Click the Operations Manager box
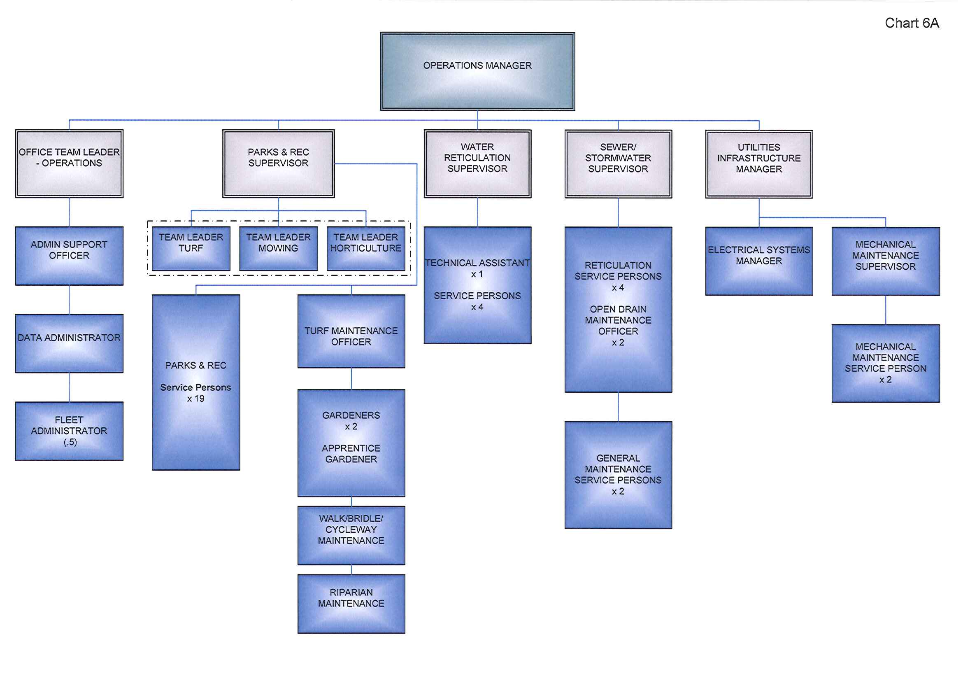coord(477,71)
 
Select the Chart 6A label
coord(912,23)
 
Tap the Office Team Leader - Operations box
coord(69,163)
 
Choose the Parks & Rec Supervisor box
coord(278,163)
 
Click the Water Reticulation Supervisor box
coord(477,163)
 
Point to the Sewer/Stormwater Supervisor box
coord(618,163)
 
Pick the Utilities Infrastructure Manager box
coord(759,163)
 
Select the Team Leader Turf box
coord(191,248)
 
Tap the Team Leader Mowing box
coord(278,248)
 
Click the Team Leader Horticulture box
coord(366,248)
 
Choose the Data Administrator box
coord(69,343)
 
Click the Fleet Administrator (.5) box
coord(69,431)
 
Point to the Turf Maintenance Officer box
coord(351,331)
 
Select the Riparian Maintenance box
coord(351,603)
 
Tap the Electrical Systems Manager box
coord(759,261)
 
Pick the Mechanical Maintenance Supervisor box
coord(885,261)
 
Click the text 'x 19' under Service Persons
coord(196,399)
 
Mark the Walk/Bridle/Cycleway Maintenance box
coord(351,535)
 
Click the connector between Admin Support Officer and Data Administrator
coord(69,300)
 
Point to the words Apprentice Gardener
coord(351,454)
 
